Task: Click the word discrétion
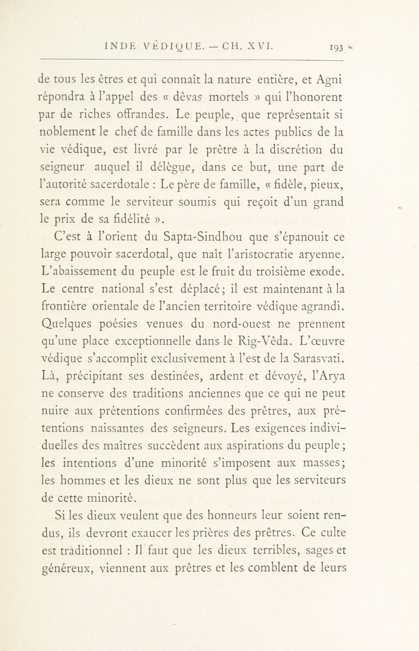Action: click(296, 149)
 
